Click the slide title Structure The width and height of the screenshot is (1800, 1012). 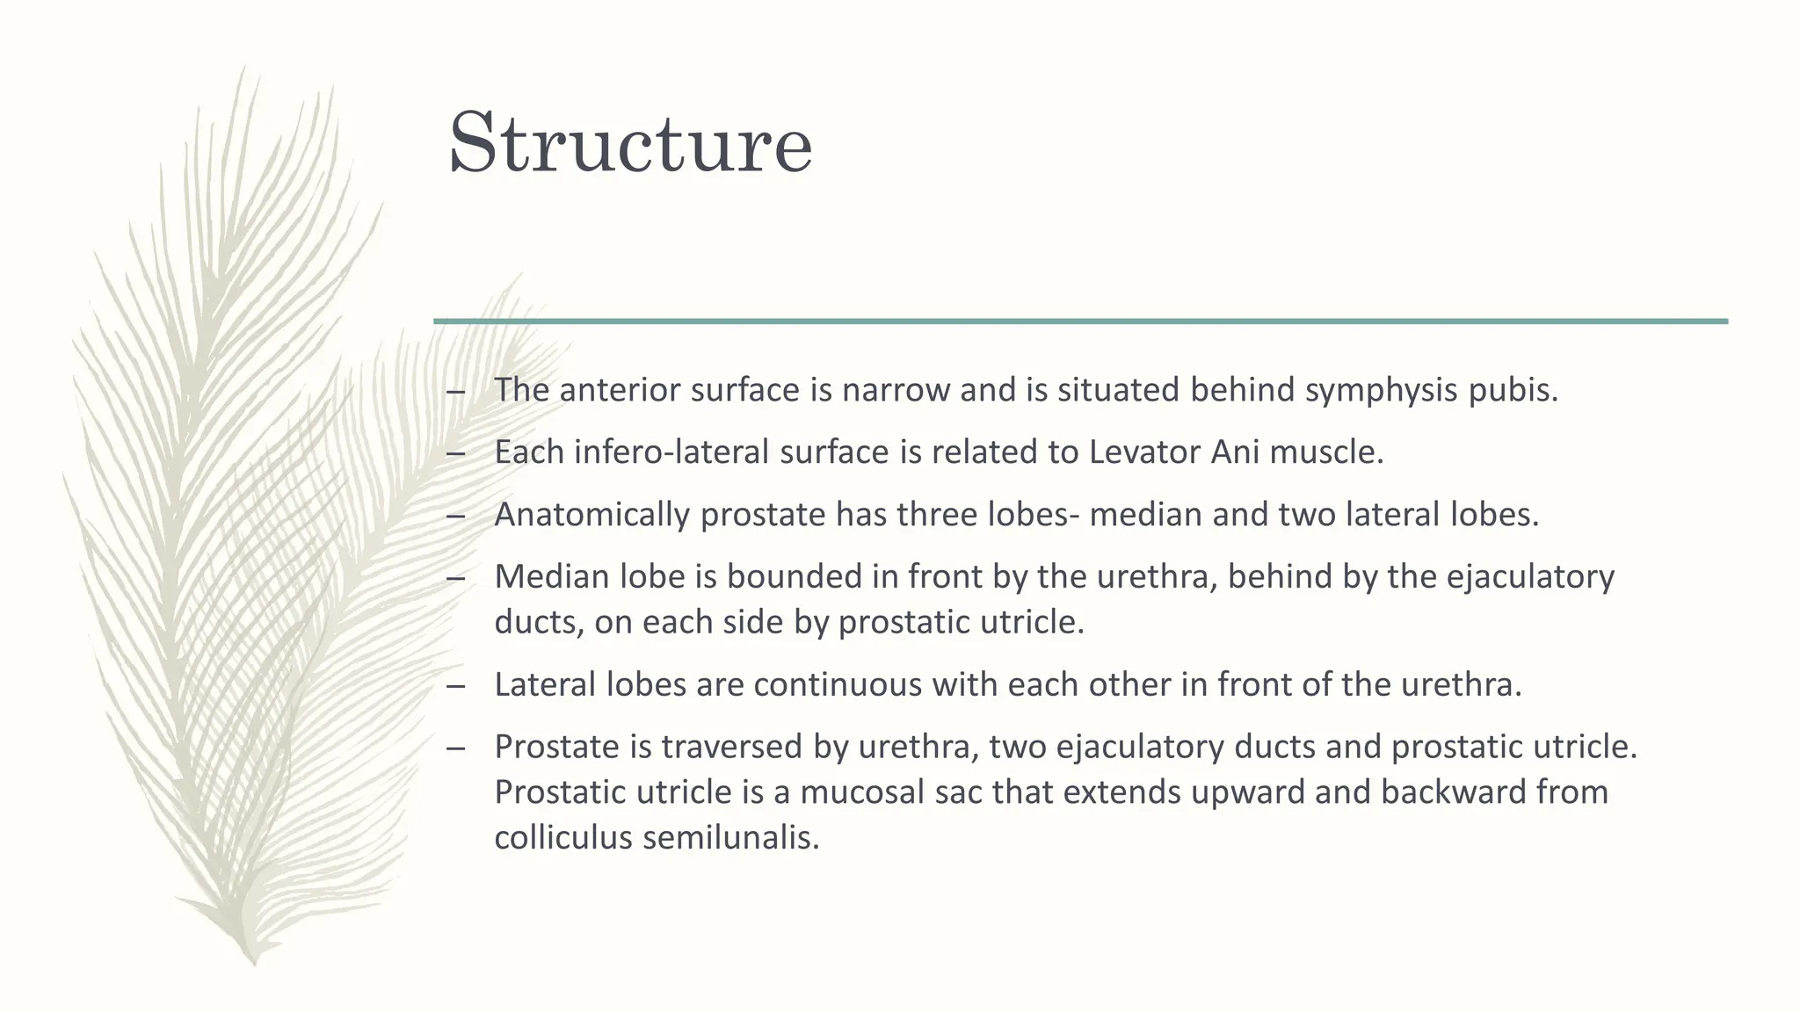click(x=630, y=142)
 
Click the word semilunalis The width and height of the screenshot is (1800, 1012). click(x=731, y=837)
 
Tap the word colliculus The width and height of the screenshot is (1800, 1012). click(x=562, y=837)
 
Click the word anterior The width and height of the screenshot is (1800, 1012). click(x=620, y=390)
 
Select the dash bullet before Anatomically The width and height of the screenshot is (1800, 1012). click(x=455, y=516)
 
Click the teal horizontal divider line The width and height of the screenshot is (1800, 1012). click(x=1080, y=322)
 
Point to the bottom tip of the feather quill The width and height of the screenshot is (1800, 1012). click(x=254, y=965)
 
